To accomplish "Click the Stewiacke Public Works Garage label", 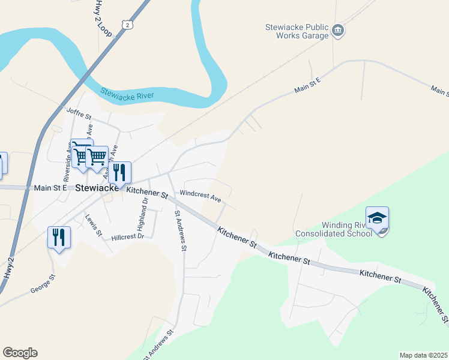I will tap(297, 31).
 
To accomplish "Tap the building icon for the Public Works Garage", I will tap(338, 31).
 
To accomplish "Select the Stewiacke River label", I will tap(127, 94).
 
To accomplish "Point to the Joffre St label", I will tap(79, 112).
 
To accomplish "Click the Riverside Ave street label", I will tap(67, 164).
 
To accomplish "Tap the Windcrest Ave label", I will tap(200, 196).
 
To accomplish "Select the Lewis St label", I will tap(94, 225).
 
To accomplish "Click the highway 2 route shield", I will tap(125, 23).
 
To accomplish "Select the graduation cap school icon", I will tap(377, 218).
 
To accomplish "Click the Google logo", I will tap(20, 353).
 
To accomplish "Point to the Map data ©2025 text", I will tap(423, 355).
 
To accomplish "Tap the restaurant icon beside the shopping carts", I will tap(119, 172).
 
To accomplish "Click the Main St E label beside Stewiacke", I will tap(50, 188).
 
